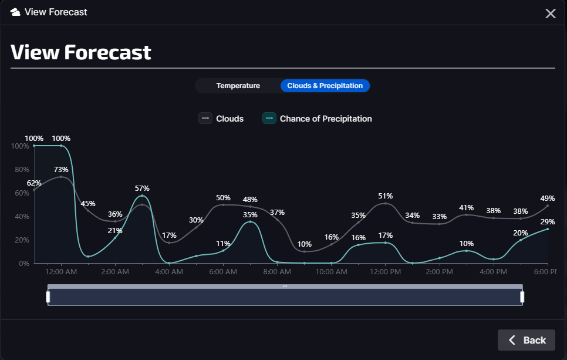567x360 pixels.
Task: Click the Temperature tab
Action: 238,86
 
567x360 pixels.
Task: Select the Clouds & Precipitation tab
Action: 325,86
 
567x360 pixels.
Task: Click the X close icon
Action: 551,14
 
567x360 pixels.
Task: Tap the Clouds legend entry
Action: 221,119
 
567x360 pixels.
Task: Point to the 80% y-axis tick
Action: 22,170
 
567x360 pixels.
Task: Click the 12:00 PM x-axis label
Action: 386,272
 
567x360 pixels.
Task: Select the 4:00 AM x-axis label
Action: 169,272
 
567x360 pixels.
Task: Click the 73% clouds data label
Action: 61,169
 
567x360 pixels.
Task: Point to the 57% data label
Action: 142,188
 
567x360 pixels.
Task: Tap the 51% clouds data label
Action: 386,196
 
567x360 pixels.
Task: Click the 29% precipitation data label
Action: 548,221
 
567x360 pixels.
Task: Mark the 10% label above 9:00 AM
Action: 305,244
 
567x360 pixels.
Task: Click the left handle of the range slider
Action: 48,297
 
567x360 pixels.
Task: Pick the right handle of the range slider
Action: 522,297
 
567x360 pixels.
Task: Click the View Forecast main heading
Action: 81,52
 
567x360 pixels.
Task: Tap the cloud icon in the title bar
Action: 16,12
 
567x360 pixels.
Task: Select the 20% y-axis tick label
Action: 22,240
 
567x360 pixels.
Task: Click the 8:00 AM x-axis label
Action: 277,272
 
